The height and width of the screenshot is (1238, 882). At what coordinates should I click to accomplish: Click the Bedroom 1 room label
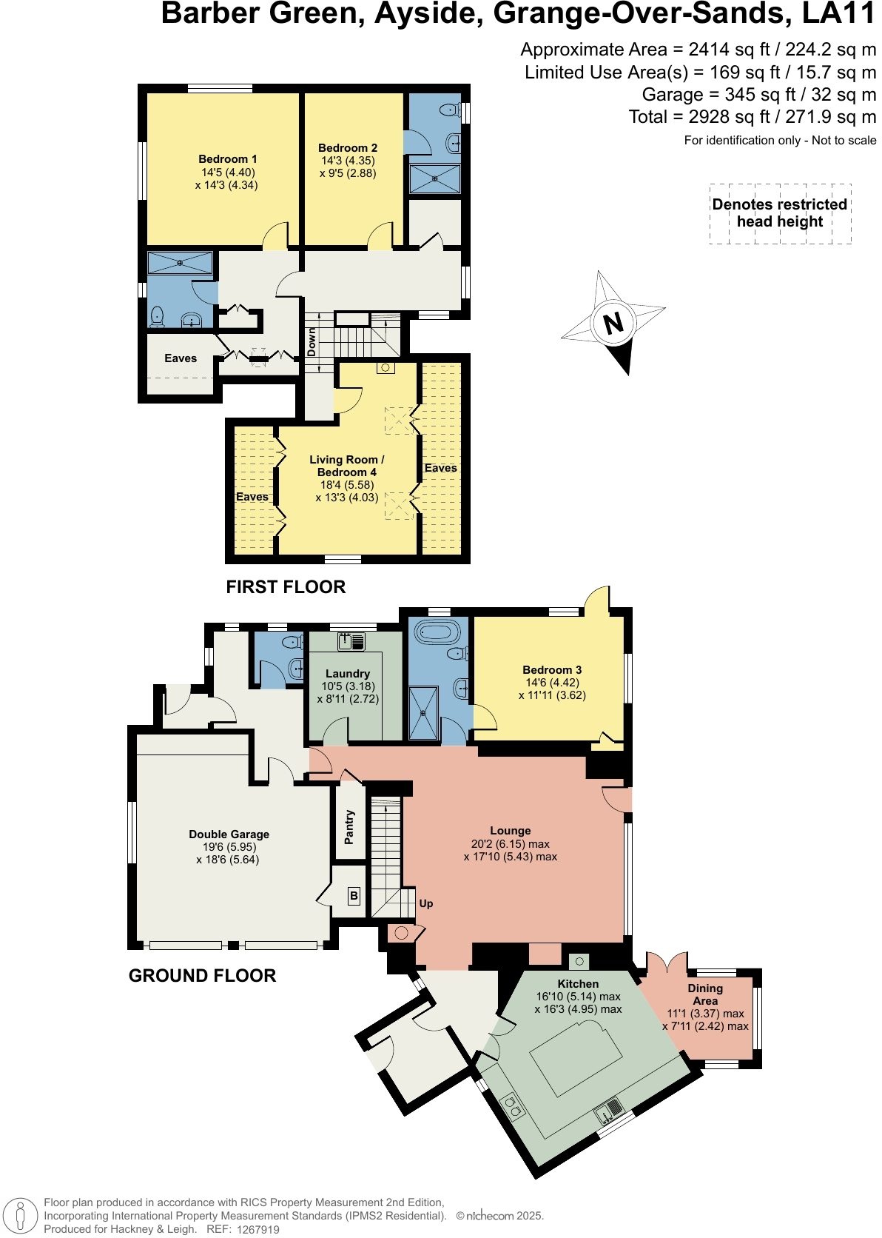click(x=227, y=159)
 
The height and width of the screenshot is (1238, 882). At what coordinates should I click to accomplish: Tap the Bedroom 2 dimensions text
click(x=348, y=167)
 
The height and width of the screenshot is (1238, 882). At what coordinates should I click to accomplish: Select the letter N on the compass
click(x=613, y=324)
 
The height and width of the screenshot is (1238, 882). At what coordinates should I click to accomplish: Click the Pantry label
click(x=349, y=826)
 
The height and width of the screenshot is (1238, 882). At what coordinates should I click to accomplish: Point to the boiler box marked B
click(x=354, y=896)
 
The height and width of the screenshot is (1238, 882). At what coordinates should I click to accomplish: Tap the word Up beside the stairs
click(x=426, y=903)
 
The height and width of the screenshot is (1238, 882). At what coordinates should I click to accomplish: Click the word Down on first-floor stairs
click(x=312, y=342)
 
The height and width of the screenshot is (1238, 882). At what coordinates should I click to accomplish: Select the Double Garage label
click(x=229, y=834)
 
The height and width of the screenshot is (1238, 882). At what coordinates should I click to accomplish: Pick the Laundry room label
click(x=347, y=674)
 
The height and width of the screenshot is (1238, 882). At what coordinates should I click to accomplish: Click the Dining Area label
click(x=704, y=994)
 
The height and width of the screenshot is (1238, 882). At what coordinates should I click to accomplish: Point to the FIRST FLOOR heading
click(x=286, y=587)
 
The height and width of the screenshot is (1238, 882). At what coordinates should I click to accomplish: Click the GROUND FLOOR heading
click(x=202, y=976)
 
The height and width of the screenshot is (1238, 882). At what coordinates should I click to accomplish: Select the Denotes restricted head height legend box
click(x=780, y=213)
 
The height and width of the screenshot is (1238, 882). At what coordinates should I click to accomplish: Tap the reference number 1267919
click(x=257, y=1229)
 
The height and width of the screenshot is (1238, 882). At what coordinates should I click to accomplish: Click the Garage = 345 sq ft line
click(x=758, y=95)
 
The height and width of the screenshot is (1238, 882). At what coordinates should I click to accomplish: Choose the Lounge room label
click(x=510, y=831)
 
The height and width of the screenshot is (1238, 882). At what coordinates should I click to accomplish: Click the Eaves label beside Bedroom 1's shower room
click(x=181, y=358)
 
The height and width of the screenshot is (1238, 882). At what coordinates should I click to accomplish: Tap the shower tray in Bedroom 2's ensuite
click(x=434, y=179)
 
